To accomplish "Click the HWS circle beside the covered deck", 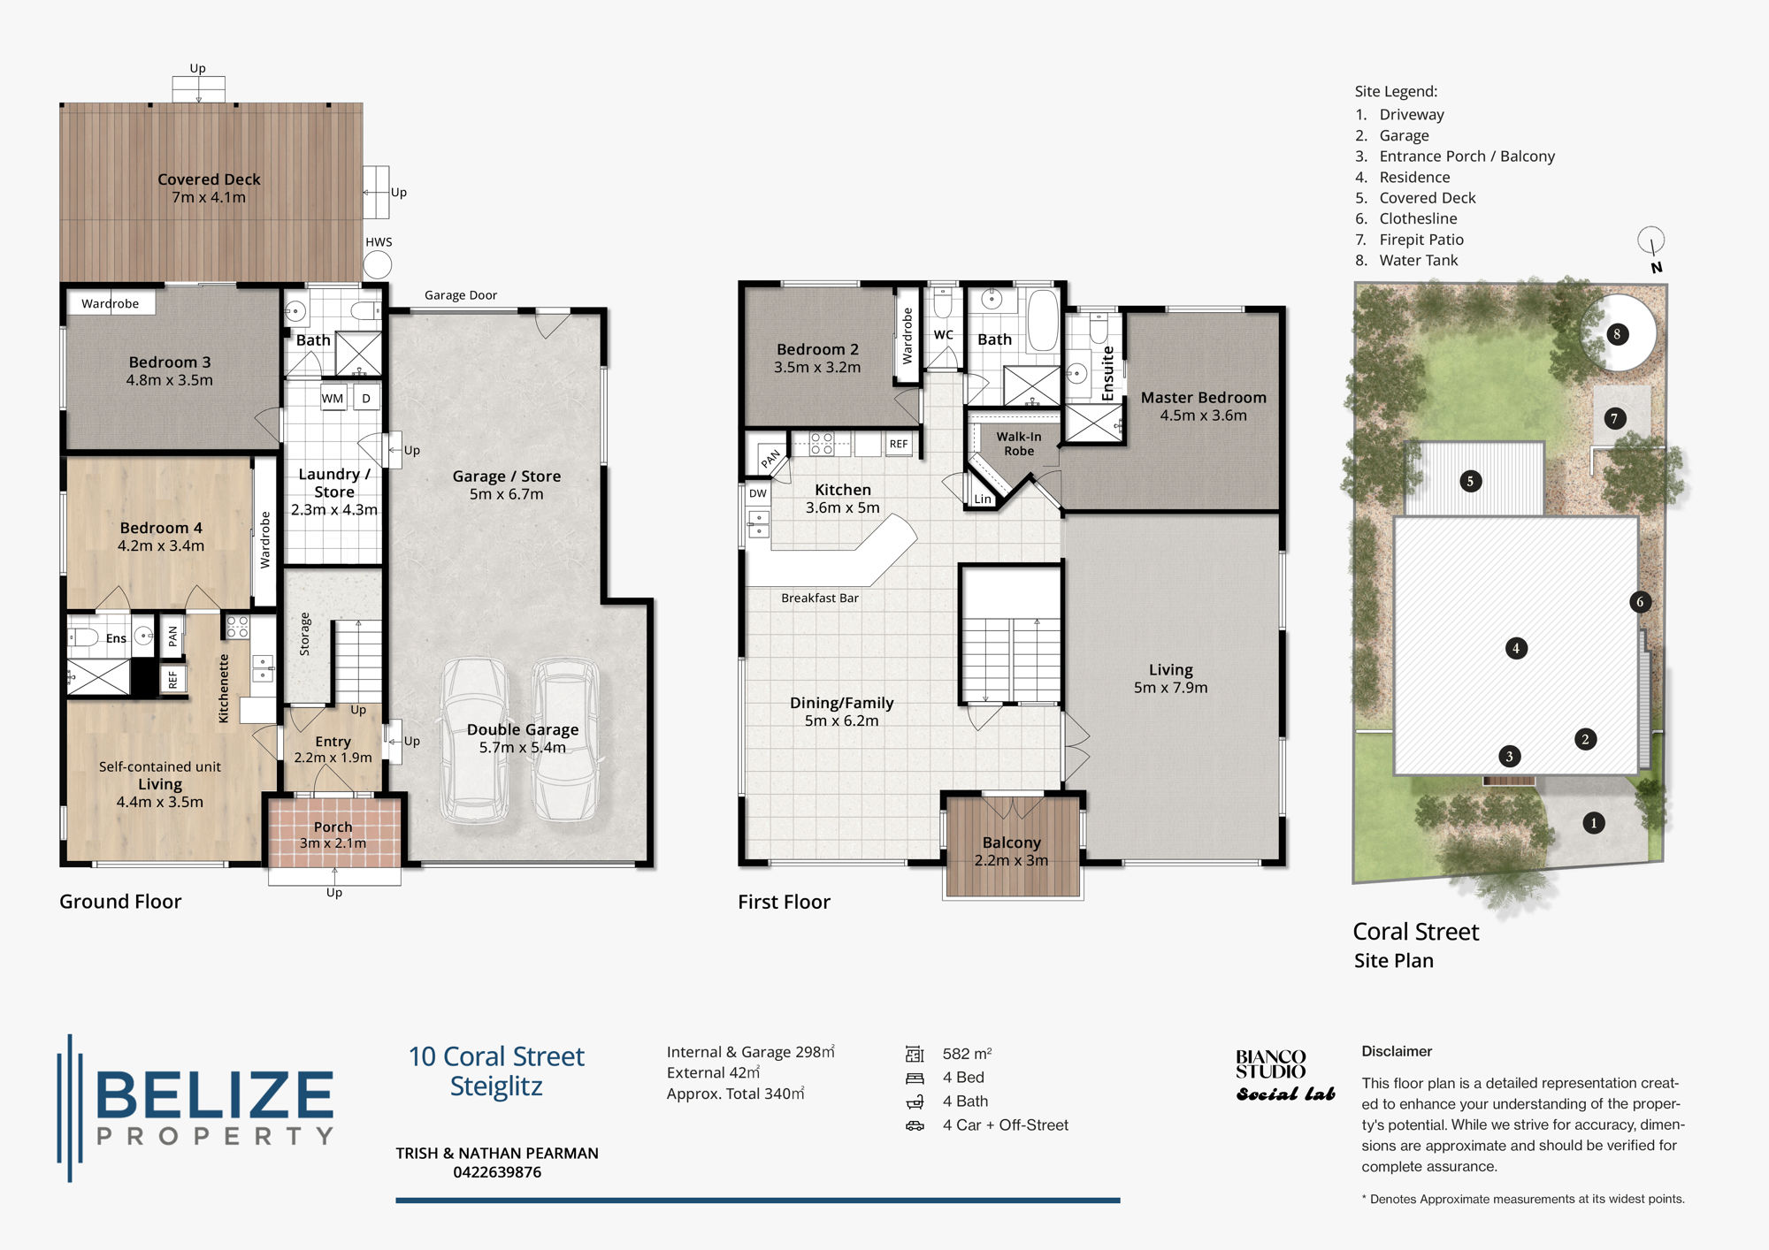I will (x=378, y=264).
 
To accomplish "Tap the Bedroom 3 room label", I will (x=170, y=362).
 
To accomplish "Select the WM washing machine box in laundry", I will (x=333, y=398).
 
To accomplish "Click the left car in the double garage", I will (x=476, y=741).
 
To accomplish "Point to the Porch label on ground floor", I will (x=333, y=827).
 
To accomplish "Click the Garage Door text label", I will (x=460, y=295).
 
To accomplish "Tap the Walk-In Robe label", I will (x=1018, y=444).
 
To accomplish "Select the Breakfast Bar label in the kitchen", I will (x=819, y=598).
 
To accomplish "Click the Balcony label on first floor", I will (x=1011, y=843).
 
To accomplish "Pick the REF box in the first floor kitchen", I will (x=898, y=444).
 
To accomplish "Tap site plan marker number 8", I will (x=1616, y=334).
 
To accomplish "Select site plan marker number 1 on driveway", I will (x=1593, y=823).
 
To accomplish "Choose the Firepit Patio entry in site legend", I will (x=1421, y=240).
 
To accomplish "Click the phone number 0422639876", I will (x=497, y=1172).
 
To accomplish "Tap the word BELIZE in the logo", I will (x=215, y=1096).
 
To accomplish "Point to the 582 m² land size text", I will (x=967, y=1054).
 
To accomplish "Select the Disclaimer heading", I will (x=1397, y=1051).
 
